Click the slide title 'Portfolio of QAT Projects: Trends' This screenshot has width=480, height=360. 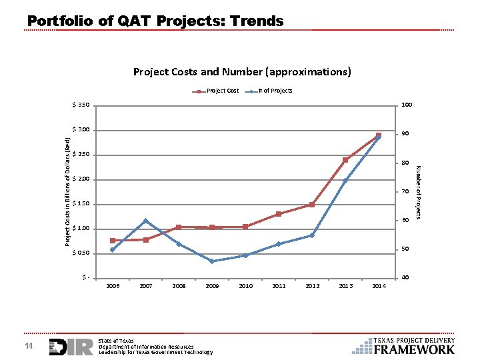click(x=155, y=21)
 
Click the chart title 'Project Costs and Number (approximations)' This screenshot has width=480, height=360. click(x=242, y=71)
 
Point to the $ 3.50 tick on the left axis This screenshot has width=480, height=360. click(x=81, y=105)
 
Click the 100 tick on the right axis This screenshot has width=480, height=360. click(x=405, y=105)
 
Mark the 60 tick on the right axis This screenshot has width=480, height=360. click(x=404, y=221)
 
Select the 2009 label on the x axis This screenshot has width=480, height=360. click(x=212, y=286)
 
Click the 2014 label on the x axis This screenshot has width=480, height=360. click(x=379, y=286)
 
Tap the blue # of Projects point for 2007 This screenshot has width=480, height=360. click(x=145, y=221)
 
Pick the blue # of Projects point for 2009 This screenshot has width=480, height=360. click(x=212, y=261)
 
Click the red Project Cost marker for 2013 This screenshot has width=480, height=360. click(x=345, y=160)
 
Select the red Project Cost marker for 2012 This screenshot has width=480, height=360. click(x=312, y=205)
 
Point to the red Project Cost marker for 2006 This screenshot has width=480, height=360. click(x=113, y=241)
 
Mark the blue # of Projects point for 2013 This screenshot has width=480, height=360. click(x=345, y=181)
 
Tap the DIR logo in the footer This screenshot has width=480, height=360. click(x=71, y=347)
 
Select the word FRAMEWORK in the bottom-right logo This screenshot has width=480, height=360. click(x=414, y=349)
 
